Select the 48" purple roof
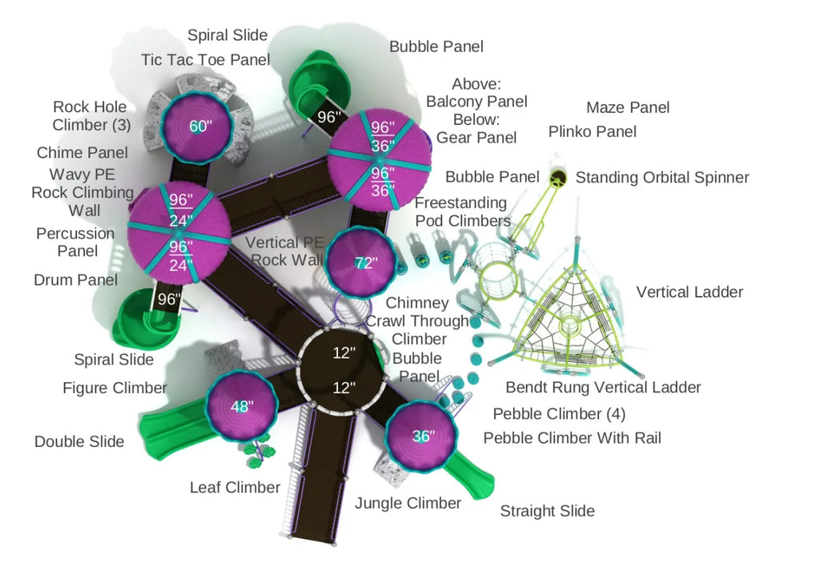(x=240, y=406)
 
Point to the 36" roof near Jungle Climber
(x=421, y=436)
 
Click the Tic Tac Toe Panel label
(x=205, y=60)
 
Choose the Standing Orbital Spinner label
(x=662, y=177)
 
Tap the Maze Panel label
(x=628, y=107)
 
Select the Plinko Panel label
(x=593, y=131)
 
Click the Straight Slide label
(x=547, y=511)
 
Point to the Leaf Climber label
(x=235, y=487)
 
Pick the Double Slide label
(x=79, y=441)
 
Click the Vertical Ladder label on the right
(x=689, y=292)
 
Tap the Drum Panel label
(x=75, y=279)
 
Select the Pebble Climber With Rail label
(x=572, y=438)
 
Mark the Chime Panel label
(x=82, y=153)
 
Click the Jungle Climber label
(x=408, y=503)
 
